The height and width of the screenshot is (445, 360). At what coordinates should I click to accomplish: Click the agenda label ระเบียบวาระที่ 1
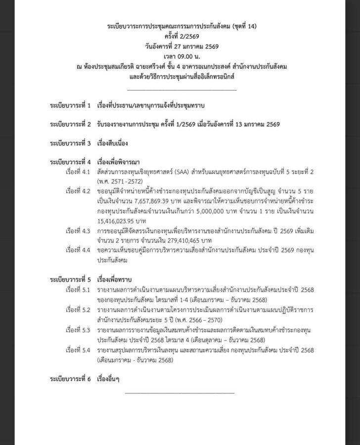tap(71, 105)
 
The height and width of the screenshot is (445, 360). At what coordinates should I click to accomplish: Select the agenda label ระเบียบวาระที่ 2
tap(71, 124)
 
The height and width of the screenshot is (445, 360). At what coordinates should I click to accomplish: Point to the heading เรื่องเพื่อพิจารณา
tap(119, 162)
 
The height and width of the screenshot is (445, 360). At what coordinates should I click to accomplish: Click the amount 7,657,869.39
tap(146, 201)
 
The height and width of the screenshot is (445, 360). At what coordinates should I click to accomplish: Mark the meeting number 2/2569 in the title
tap(184, 36)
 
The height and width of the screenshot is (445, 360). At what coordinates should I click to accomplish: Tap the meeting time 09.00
tap(181, 57)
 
